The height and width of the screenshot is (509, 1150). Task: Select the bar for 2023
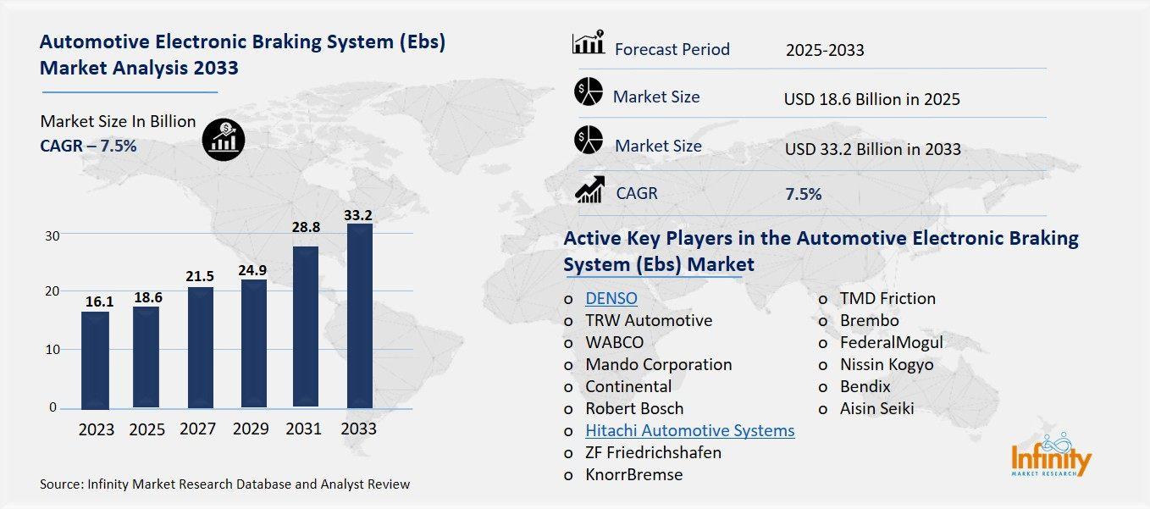[95, 359]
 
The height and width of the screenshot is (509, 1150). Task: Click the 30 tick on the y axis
[53, 235]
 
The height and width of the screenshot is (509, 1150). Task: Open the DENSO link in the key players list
[611, 298]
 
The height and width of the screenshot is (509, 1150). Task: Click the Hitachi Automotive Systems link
[689, 430]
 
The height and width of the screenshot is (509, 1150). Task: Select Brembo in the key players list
[869, 320]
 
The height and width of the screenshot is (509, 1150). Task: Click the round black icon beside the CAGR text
[224, 139]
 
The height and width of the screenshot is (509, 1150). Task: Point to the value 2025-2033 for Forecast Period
[824, 50]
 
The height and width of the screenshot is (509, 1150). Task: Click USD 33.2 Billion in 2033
[872, 149]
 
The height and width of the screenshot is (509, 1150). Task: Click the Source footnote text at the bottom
[224, 484]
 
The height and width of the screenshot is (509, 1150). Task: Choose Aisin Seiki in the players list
[876, 408]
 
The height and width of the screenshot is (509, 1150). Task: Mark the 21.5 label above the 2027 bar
[201, 276]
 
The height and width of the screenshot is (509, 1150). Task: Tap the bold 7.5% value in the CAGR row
[803, 194]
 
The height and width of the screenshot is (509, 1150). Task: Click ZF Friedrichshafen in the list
[653, 452]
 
